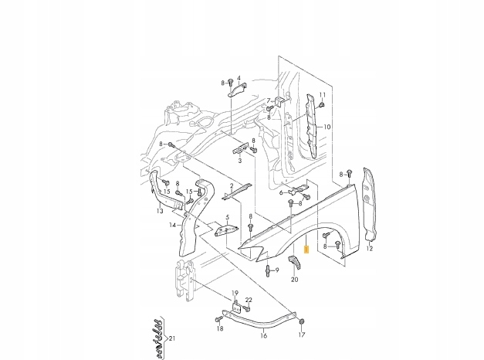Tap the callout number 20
(294, 280)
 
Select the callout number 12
(370, 249)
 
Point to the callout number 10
(327, 127)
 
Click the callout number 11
(323, 94)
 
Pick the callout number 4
(239, 78)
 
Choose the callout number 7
(269, 100)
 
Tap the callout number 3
(240, 161)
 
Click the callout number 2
(230, 186)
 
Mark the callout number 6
(280, 192)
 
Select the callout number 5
(227, 218)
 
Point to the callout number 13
(159, 210)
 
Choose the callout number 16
(263, 335)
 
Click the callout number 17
(302, 335)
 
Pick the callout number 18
(219, 329)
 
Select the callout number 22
(249, 300)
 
